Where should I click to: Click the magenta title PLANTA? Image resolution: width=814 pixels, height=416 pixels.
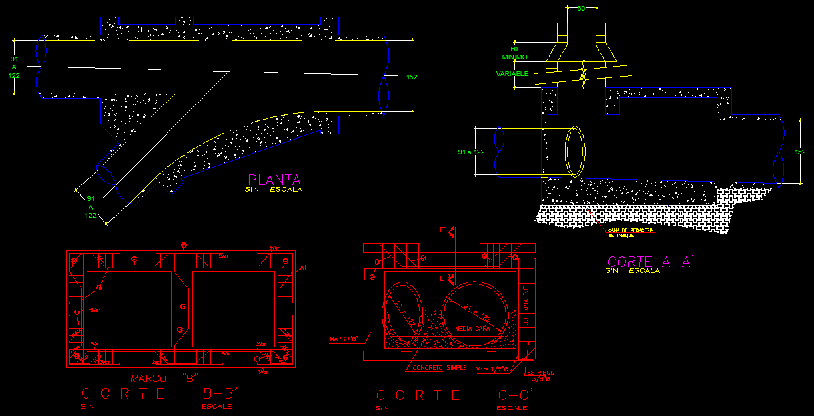274,180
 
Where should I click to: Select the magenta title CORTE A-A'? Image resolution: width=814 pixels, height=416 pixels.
651,262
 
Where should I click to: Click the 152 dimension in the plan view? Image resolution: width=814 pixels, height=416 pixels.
412,77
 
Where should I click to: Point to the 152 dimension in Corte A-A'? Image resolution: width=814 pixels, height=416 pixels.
800,152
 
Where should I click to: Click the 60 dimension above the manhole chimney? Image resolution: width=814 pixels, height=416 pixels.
581,9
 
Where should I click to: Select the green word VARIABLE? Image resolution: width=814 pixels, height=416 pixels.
512,73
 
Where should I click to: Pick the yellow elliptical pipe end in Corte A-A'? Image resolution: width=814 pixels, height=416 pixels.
576,152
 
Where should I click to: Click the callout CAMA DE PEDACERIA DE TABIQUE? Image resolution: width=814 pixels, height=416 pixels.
630,232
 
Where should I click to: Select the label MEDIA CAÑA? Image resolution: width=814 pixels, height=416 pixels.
472,329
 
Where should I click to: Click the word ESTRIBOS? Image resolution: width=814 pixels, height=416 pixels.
540,373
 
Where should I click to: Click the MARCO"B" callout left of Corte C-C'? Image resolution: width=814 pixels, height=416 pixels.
344,339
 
